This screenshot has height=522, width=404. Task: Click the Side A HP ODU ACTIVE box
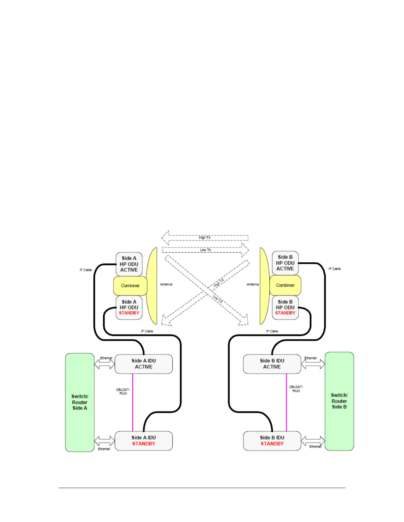click(x=129, y=264)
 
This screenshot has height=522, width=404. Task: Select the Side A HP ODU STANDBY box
click(x=129, y=307)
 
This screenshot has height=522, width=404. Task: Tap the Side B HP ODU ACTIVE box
click(x=285, y=263)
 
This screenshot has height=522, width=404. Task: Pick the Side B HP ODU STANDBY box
click(x=285, y=307)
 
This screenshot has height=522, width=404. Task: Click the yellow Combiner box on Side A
click(x=130, y=286)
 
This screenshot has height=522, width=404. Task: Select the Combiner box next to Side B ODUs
click(x=285, y=285)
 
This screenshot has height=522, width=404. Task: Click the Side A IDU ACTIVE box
click(x=144, y=364)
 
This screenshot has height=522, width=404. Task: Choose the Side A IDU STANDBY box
click(x=144, y=441)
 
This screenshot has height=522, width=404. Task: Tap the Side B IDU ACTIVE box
click(x=272, y=364)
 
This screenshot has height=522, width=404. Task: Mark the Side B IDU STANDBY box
click(x=272, y=441)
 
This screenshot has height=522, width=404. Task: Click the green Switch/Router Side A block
click(x=80, y=402)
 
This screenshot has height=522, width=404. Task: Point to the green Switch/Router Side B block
click(x=339, y=401)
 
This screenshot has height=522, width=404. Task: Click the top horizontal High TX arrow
click(x=205, y=238)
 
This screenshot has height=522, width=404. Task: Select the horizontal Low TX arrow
click(x=205, y=250)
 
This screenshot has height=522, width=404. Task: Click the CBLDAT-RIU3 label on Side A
click(x=123, y=391)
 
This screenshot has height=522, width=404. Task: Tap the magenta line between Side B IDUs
click(x=286, y=402)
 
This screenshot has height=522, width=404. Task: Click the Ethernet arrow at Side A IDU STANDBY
click(x=104, y=441)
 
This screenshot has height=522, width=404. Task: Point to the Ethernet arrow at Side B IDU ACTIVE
click(x=313, y=364)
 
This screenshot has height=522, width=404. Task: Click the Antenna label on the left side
click(x=166, y=284)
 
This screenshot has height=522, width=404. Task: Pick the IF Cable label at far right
click(x=334, y=269)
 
